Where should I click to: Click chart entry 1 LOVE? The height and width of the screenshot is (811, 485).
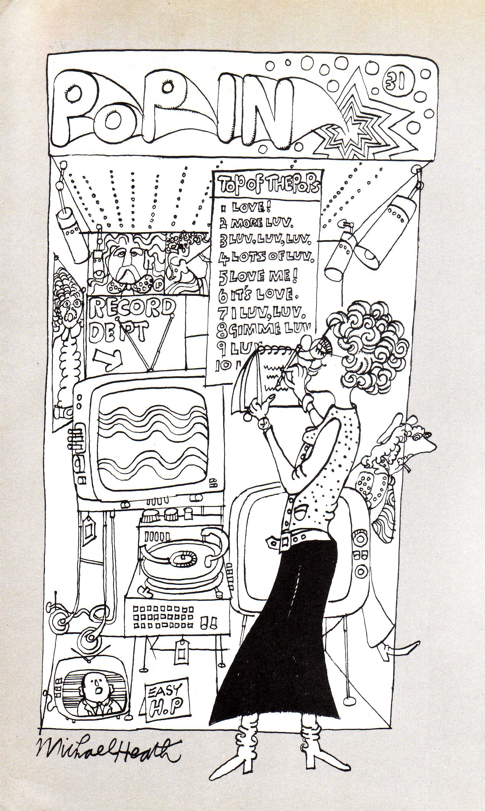(x=248, y=207)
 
